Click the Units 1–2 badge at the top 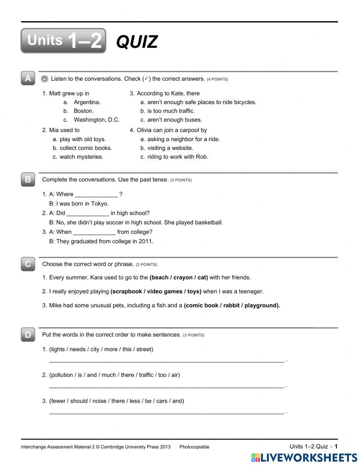click(63, 41)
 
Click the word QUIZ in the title click(137, 42)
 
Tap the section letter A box click(28, 79)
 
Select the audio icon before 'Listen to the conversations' click(45, 79)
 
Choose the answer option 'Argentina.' click(87, 102)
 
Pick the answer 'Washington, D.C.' click(96, 120)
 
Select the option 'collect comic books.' click(86, 148)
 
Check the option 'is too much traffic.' click(171, 111)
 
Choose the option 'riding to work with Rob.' click(177, 157)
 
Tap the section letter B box click(28, 179)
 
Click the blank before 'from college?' click(94, 232)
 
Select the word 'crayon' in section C click(183, 277)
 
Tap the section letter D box click(28, 335)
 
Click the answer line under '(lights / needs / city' click(166, 360)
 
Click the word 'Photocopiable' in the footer click(194, 447)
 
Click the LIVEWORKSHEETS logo click(304, 457)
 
